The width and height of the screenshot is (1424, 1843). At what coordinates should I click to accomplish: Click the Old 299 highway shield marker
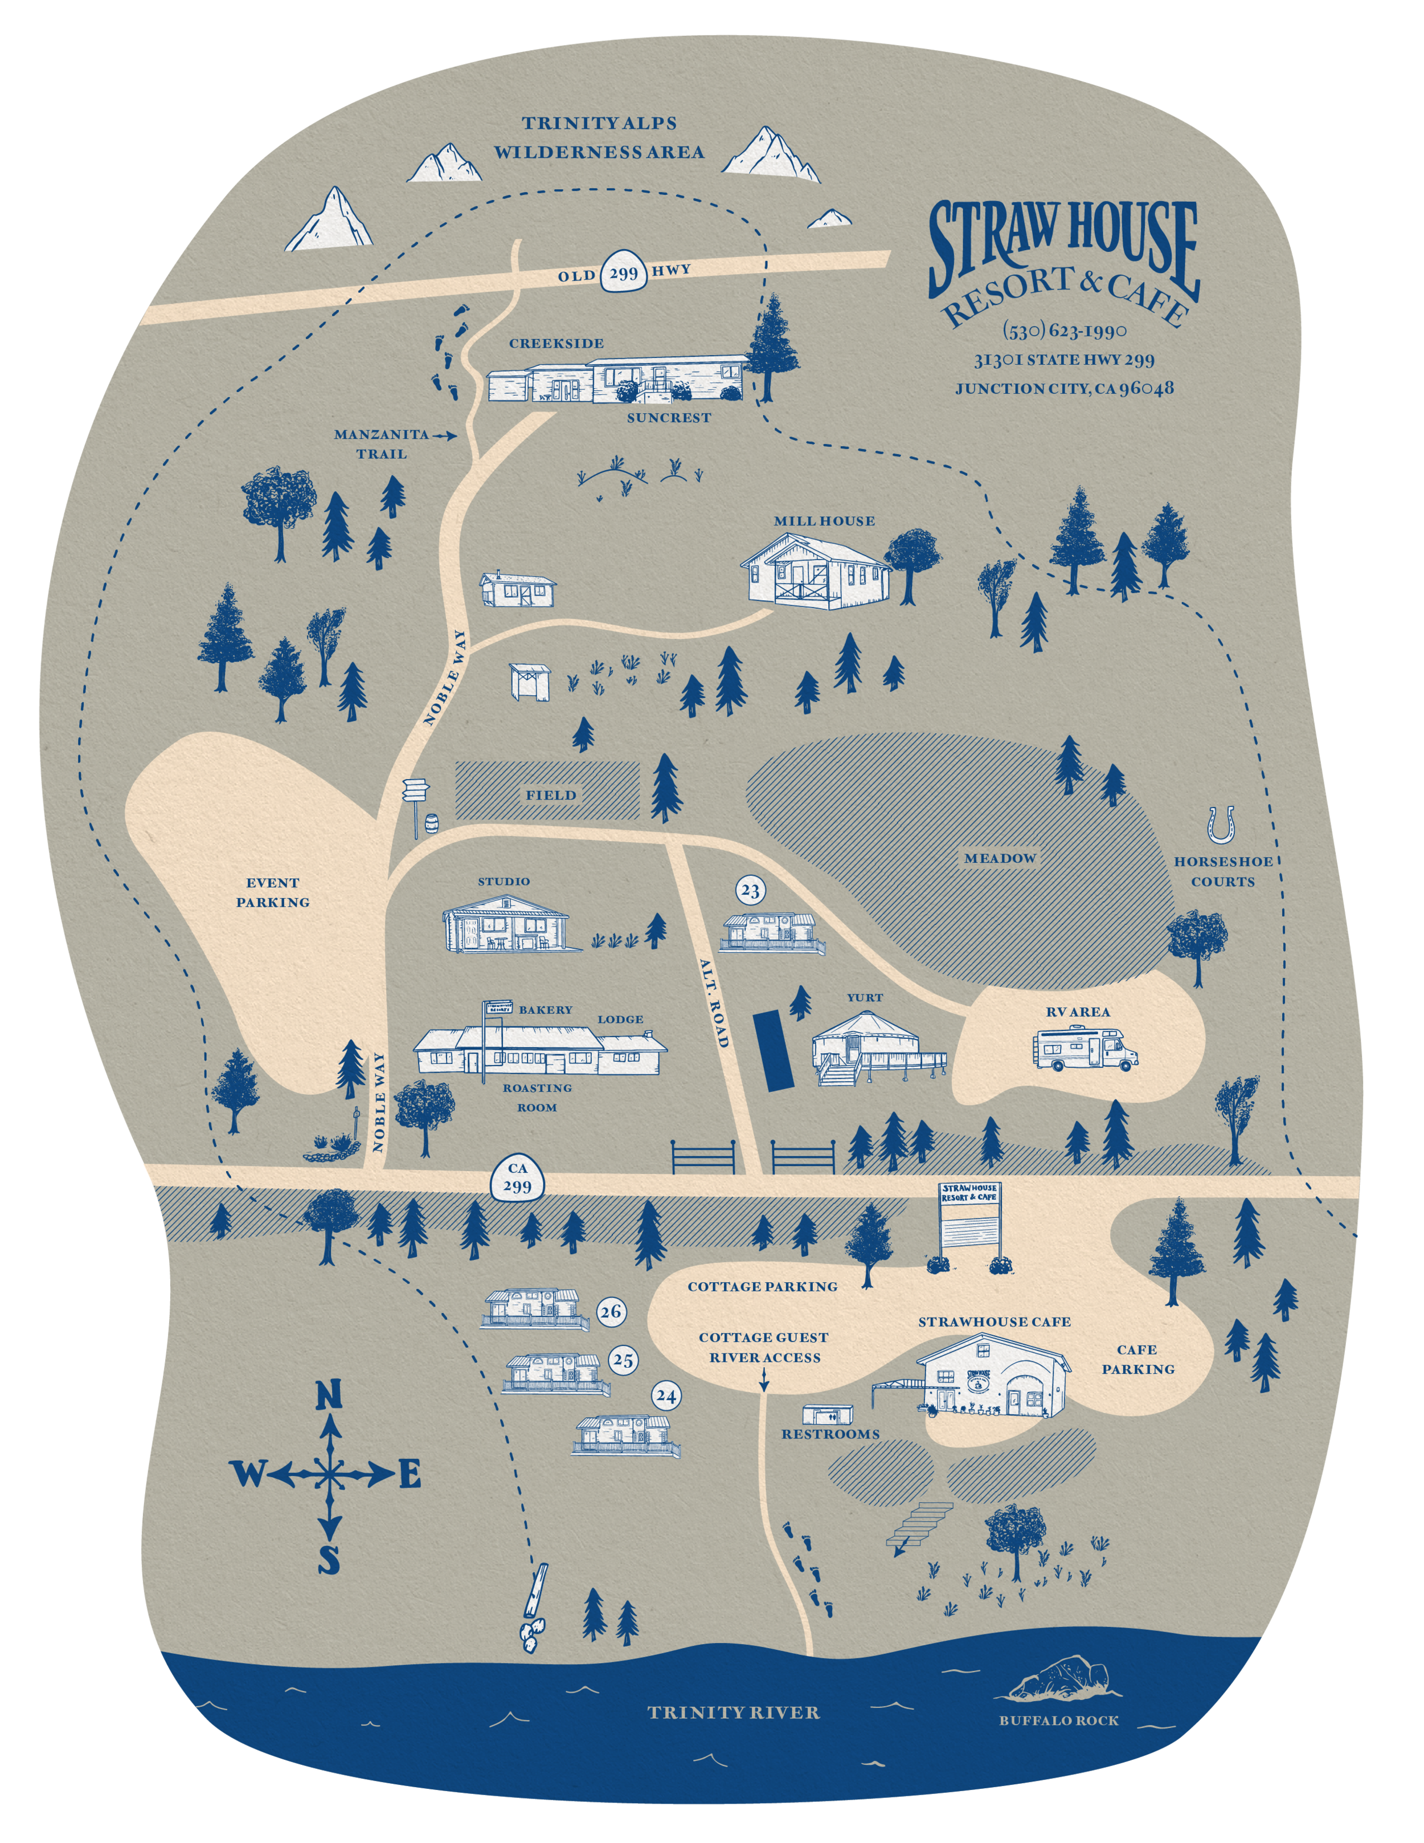click(623, 272)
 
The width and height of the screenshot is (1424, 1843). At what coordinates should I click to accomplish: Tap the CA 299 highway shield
click(517, 1178)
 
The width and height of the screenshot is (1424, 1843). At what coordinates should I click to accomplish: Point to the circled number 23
click(750, 890)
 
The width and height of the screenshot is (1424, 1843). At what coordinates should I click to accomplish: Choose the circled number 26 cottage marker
click(611, 1311)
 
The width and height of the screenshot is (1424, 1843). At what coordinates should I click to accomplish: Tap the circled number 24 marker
click(666, 1397)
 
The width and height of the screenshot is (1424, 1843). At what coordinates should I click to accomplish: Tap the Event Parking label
click(272, 892)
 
